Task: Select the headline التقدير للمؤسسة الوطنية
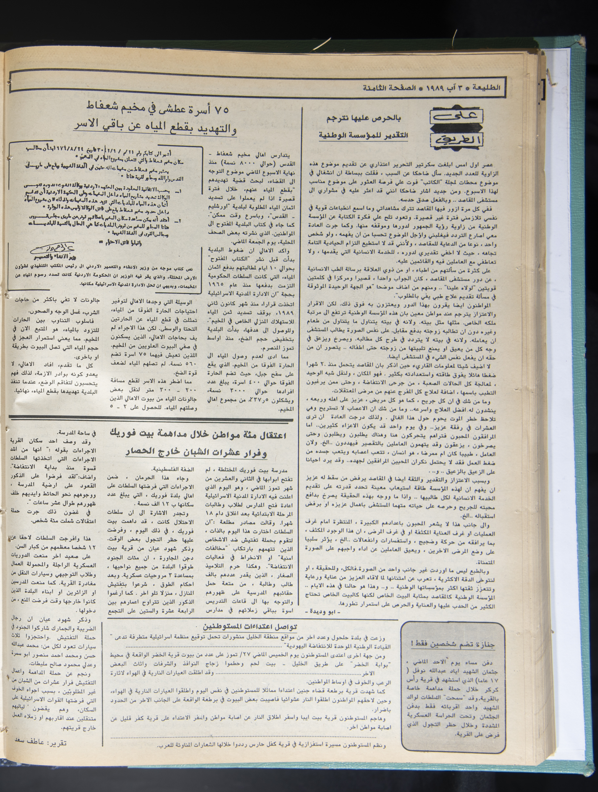click(364, 136)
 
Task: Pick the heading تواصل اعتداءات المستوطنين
click(251, 626)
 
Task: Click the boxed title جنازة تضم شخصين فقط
click(453, 645)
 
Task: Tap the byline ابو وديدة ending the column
click(319, 611)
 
